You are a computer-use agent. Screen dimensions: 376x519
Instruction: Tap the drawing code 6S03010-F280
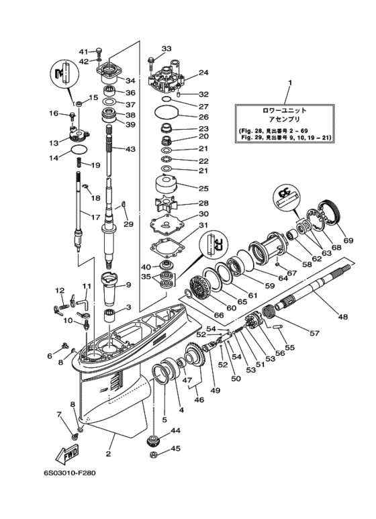[x=70, y=473]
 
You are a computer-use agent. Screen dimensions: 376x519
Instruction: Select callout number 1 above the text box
[x=289, y=83]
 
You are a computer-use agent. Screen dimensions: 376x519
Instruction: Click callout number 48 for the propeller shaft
[x=343, y=317]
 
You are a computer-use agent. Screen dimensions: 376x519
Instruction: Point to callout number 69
[x=348, y=240]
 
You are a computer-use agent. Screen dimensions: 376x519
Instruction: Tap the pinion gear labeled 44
[x=152, y=441]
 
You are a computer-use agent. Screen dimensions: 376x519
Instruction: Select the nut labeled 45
[x=153, y=455]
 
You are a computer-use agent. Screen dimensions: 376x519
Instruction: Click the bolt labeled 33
[x=151, y=63]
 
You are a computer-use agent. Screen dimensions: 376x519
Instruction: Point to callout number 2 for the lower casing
[x=108, y=454]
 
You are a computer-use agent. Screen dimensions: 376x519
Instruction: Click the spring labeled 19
[x=79, y=162]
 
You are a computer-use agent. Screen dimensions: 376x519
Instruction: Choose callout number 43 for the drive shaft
[x=130, y=149]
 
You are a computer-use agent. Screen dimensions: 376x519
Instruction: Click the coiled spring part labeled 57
[x=269, y=312]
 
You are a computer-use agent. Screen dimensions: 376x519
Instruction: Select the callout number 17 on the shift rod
[x=95, y=218]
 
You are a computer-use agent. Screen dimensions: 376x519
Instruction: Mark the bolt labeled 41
[x=99, y=52]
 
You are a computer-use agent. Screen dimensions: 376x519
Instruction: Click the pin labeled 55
[x=278, y=326]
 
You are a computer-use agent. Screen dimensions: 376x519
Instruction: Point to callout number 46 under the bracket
[x=199, y=400]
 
